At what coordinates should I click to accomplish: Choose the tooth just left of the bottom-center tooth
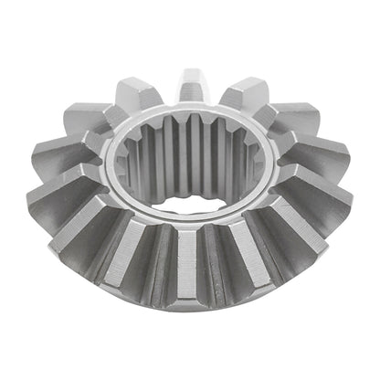point(137,265)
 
